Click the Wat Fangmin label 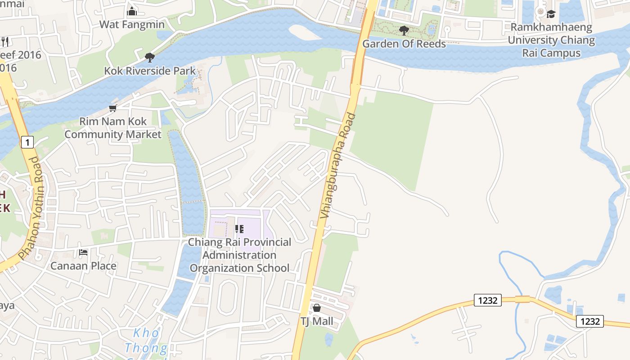132,24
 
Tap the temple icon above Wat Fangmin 132,11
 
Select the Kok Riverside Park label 150,71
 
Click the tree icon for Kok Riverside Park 150,58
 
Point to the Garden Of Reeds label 404,44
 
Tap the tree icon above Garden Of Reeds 404,31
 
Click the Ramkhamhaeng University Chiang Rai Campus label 551,40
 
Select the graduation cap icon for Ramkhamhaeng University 551,14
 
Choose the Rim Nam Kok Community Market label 112,128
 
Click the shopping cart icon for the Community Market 112,108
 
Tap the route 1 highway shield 27,143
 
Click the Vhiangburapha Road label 338,166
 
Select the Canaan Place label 83,265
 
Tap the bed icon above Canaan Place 83,252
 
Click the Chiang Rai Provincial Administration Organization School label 239,255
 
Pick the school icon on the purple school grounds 239,229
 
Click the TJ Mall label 317,321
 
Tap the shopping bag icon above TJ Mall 317,308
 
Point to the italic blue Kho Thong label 146,341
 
